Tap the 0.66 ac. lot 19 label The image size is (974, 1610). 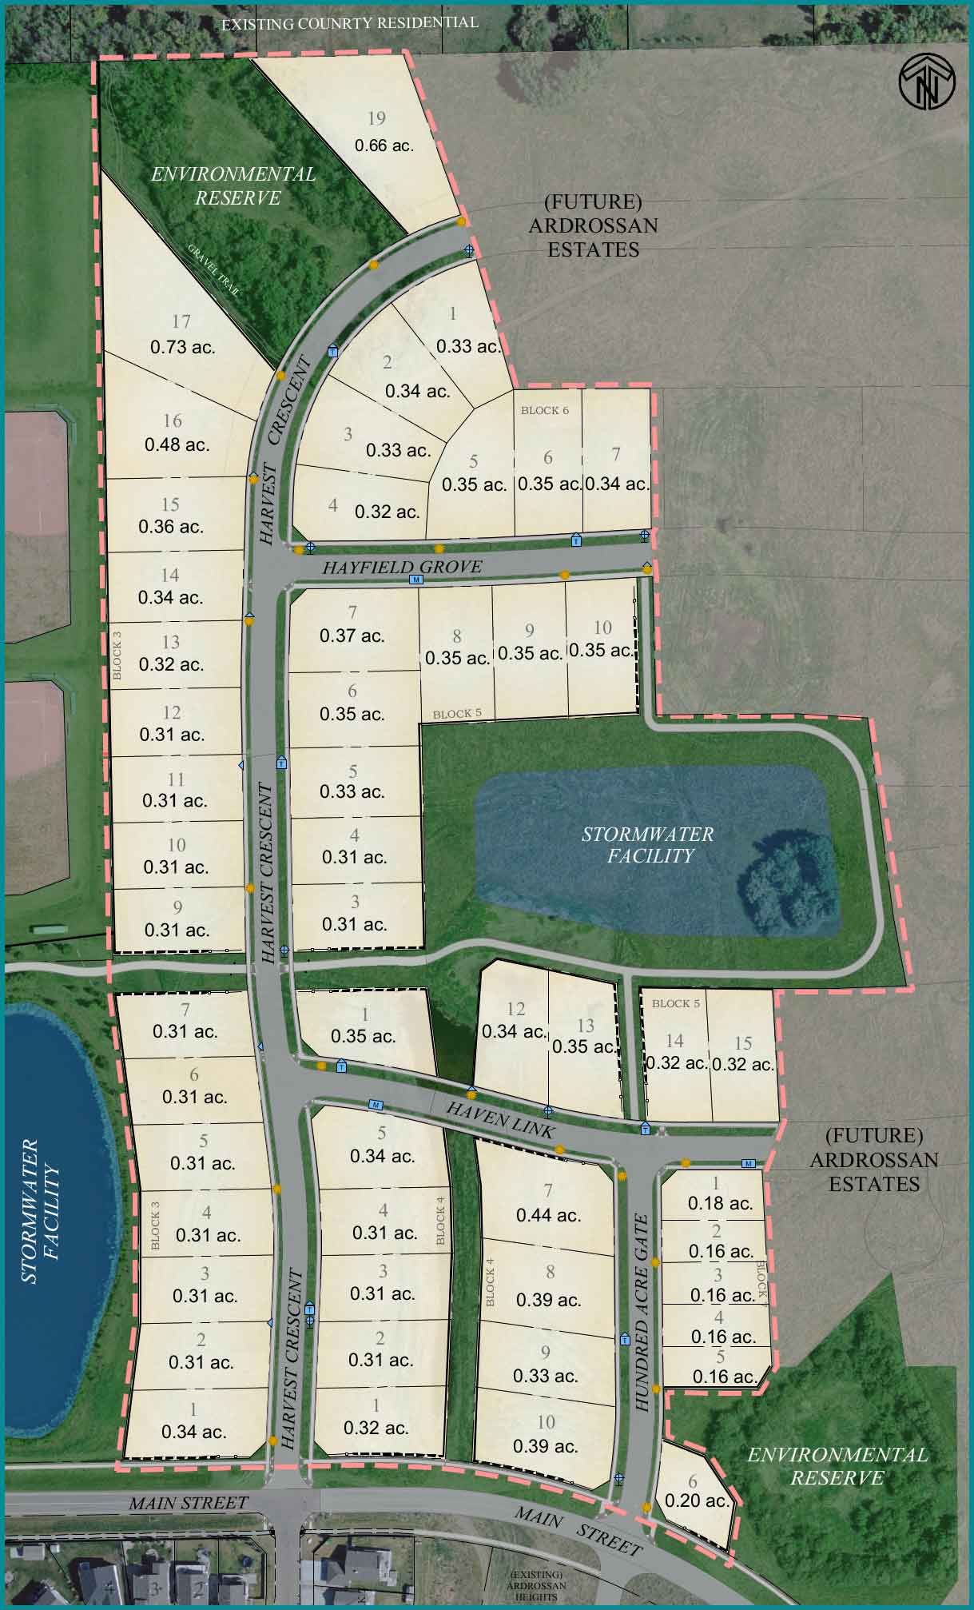384,145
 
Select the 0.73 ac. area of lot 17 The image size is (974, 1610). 183,347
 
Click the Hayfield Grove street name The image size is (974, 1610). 402,567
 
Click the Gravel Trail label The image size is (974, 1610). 214,269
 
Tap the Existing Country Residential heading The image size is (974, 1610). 349,23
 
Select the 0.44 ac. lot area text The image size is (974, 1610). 548,1215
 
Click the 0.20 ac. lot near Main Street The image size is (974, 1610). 697,1500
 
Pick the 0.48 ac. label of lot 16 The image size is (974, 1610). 177,444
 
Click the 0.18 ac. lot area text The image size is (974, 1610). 720,1203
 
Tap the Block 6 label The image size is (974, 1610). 545,410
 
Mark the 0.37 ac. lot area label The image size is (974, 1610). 352,636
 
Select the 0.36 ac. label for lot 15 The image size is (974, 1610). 170,527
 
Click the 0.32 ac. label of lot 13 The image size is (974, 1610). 171,664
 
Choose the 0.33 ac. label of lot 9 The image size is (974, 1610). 546,1376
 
